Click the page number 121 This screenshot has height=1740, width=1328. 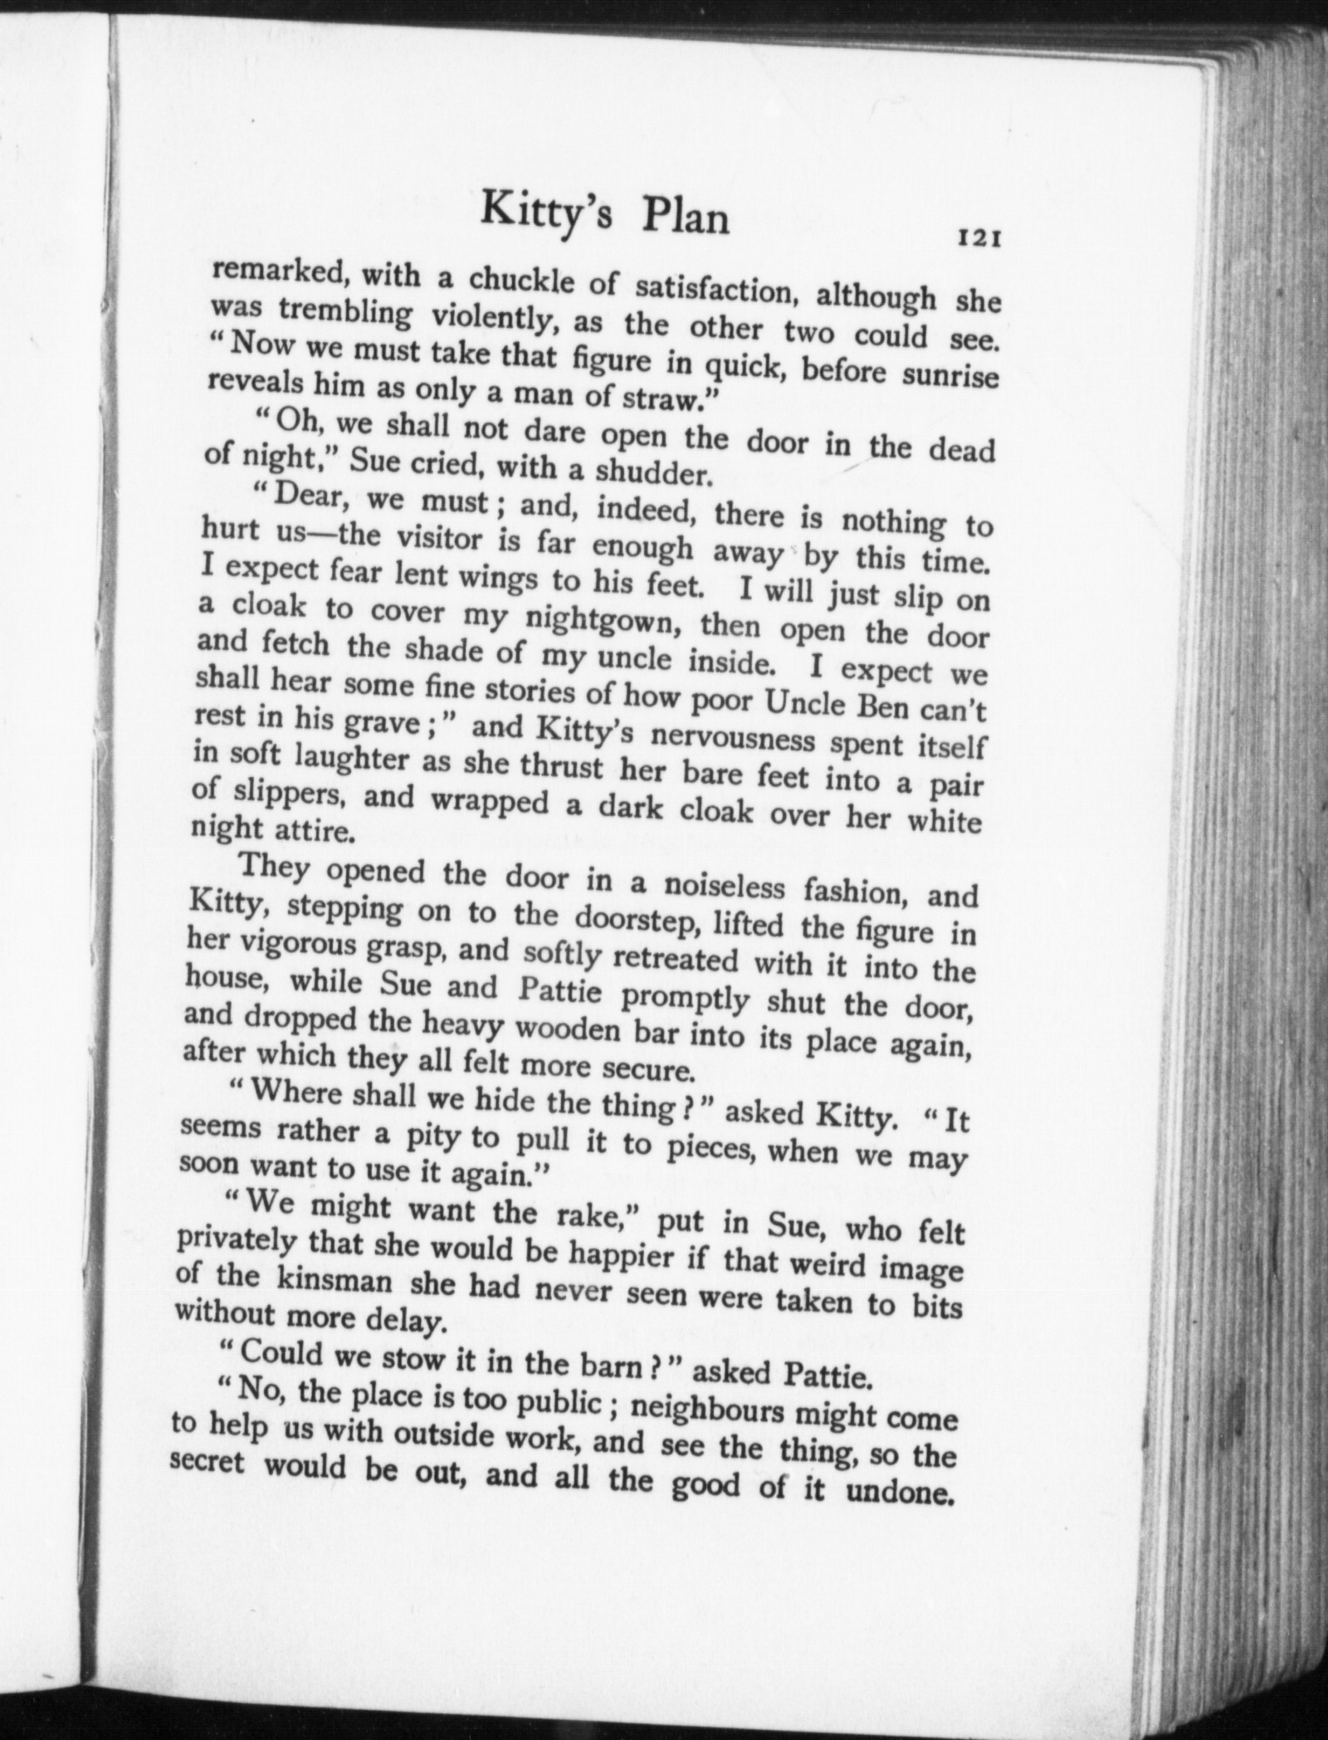982,239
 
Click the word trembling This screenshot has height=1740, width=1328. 345,311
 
